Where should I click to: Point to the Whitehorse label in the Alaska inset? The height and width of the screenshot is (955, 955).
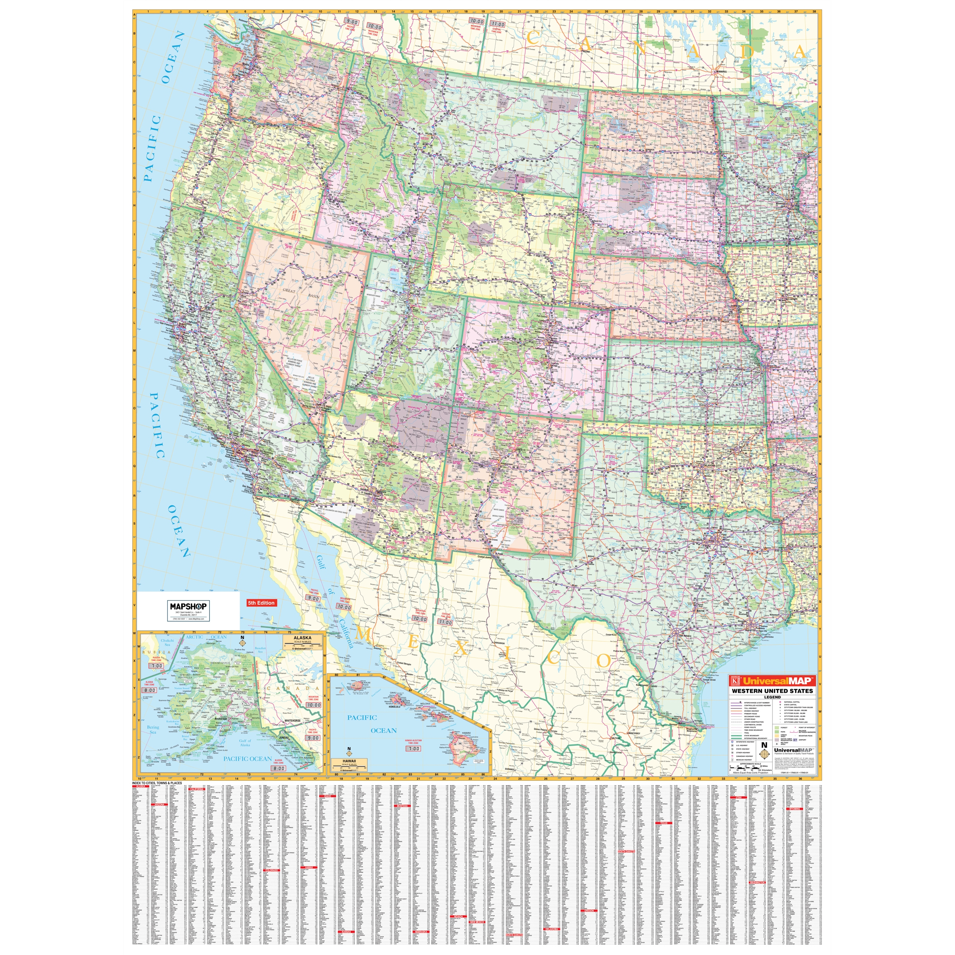pyautogui.click(x=293, y=721)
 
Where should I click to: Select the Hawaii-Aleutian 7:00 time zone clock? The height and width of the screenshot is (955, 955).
pyautogui.click(x=413, y=749)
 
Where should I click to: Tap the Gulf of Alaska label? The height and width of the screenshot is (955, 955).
pyautogui.click(x=245, y=743)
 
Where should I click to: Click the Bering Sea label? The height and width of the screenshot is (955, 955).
pyautogui.click(x=153, y=730)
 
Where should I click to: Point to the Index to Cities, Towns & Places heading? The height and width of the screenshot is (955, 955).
pyautogui.click(x=157, y=783)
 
